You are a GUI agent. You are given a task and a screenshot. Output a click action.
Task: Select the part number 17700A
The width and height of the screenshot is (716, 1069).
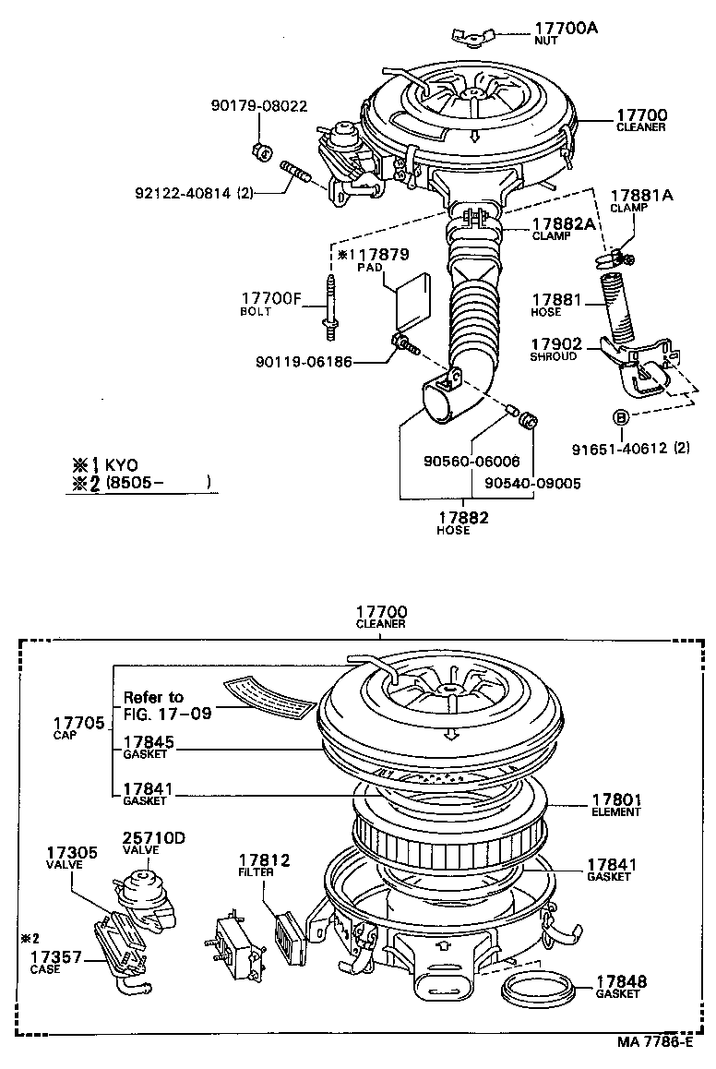566,29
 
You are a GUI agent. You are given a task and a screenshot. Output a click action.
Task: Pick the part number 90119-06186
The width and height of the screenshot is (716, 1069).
304,362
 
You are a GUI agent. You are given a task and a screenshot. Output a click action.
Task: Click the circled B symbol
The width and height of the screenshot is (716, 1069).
622,417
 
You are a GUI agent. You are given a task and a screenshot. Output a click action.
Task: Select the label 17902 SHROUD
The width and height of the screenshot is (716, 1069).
557,348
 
